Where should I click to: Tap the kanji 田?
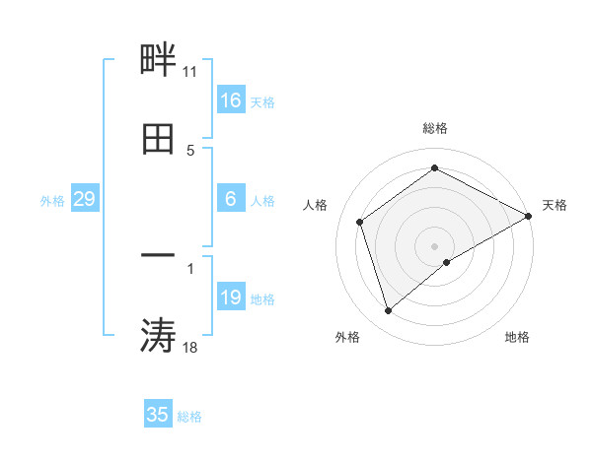[158, 139]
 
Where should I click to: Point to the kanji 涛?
[158, 335]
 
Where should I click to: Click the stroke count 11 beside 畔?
[190, 72]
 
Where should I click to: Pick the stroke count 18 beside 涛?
[190, 347]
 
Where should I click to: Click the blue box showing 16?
[231, 100]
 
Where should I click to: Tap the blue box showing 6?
[231, 199]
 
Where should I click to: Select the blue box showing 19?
[231, 298]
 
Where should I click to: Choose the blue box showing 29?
[84, 199]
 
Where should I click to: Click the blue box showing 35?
[158, 415]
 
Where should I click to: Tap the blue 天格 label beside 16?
[261, 101]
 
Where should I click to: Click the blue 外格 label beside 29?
[52, 200]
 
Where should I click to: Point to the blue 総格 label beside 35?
[189, 416]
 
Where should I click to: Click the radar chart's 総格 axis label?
[435, 128]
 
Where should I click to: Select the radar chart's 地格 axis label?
[517, 337]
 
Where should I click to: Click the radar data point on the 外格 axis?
[388, 311]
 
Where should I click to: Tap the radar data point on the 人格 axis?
[360, 222]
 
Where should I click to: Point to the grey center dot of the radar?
[435, 246]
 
